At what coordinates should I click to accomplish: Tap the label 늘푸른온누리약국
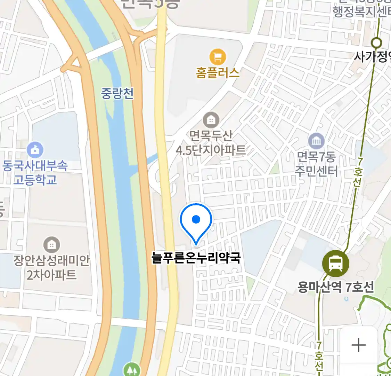pos(196,258)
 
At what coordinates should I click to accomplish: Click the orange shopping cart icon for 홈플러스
pos(218,57)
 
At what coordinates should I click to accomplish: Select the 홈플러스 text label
pos(218,73)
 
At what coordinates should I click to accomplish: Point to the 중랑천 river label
pos(117,93)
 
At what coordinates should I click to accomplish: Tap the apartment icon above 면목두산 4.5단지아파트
pos(211,120)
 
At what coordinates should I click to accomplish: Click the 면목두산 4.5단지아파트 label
pos(211,143)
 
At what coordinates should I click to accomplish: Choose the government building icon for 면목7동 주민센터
pos(316,141)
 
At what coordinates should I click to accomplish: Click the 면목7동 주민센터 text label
pos(316,164)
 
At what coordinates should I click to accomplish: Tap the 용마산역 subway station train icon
pos(335,263)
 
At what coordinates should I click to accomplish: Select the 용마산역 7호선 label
pos(336,287)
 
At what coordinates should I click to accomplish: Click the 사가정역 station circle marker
pos(376,43)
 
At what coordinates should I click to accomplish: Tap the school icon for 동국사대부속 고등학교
pos(35,150)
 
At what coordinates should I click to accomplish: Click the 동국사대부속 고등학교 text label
pos(35,173)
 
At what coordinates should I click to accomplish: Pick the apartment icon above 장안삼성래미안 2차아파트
pos(51,245)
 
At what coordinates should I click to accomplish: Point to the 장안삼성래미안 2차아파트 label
pos(51,268)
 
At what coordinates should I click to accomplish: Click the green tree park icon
pos(132,369)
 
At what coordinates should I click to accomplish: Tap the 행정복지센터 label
pos(361,12)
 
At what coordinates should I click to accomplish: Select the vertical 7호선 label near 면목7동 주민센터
pos(358,172)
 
